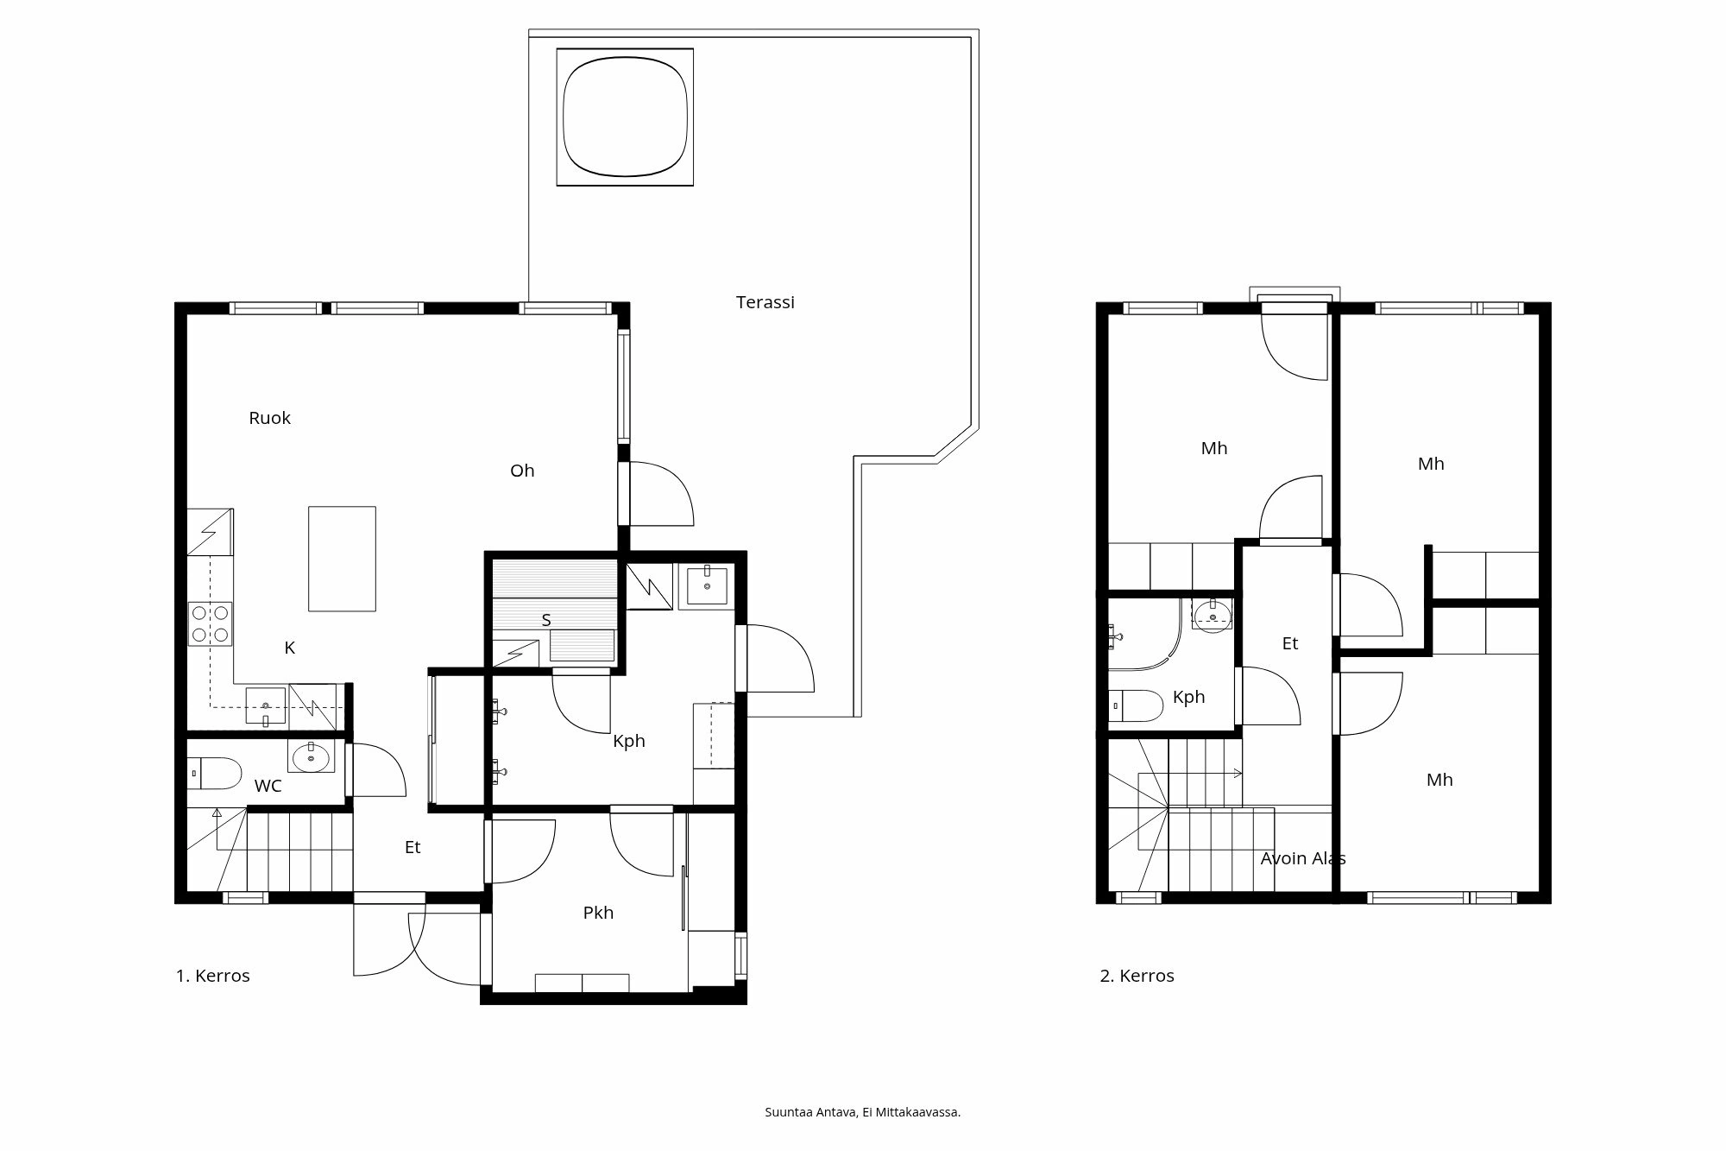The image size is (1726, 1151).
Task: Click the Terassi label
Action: point(765,302)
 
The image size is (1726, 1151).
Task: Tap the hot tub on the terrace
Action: point(625,117)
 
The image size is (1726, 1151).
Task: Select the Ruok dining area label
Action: point(269,418)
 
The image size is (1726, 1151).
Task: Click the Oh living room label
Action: point(522,471)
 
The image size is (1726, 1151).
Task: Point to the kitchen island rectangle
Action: point(342,559)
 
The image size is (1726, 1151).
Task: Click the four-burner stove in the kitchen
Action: point(211,623)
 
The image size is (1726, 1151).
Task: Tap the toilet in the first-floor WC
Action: point(212,774)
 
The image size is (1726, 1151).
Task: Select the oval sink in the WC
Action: point(311,758)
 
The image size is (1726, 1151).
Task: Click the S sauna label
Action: point(546,620)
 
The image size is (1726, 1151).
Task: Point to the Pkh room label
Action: point(598,913)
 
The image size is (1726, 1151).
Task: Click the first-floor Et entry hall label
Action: point(413,848)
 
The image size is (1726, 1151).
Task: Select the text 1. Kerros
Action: point(213,976)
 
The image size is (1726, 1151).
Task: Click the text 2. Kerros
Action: point(1137,976)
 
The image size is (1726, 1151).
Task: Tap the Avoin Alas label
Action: point(1302,858)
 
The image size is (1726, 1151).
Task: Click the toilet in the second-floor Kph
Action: point(1135,705)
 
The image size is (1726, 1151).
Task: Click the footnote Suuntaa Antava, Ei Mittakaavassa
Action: point(862,1112)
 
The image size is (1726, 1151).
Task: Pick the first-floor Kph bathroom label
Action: point(628,741)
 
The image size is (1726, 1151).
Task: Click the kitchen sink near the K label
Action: point(266,705)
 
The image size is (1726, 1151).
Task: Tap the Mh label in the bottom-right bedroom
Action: point(1439,780)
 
